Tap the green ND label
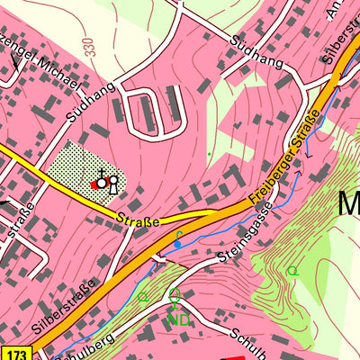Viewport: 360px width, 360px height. [177, 318]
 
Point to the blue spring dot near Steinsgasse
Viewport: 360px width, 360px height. [178, 243]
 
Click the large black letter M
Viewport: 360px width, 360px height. [349, 203]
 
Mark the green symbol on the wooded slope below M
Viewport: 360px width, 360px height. [291, 269]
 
